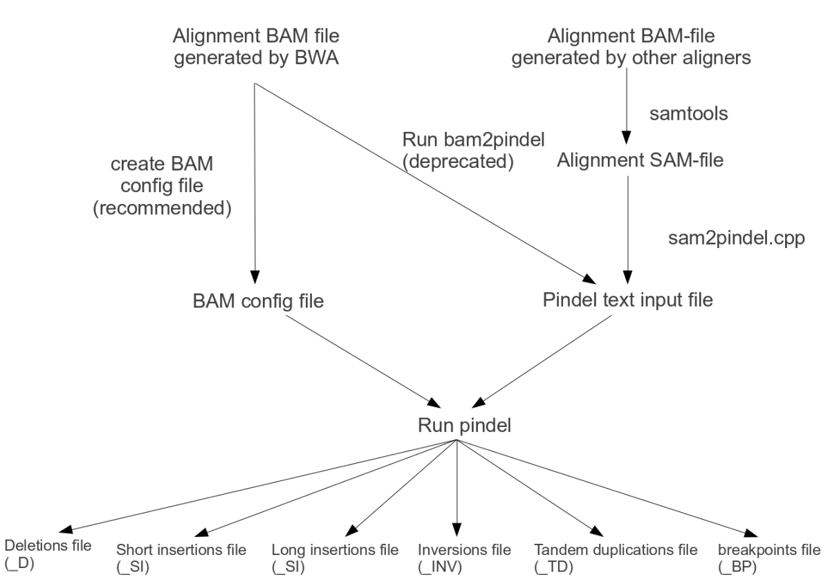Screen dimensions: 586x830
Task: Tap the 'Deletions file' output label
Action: [x=48, y=546]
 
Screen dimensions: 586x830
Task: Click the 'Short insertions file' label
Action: [x=181, y=551]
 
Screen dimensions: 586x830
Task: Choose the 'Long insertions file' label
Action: [x=335, y=551]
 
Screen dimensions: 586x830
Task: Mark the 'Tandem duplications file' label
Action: [x=615, y=551]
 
